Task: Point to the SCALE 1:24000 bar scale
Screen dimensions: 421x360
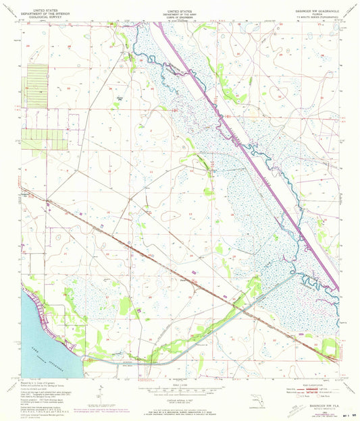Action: coord(179,387)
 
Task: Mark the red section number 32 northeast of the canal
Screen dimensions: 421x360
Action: coord(278,96)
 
